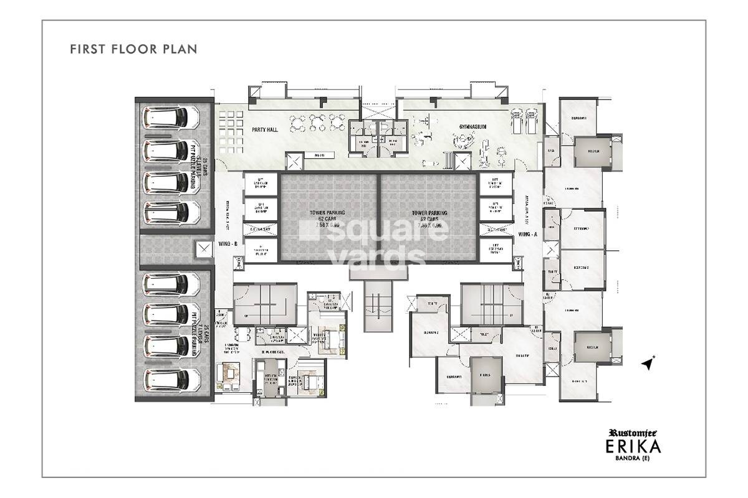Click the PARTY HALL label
coord(264,129)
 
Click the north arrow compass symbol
coord(650,362)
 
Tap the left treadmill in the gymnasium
coord(515,120)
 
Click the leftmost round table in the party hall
coord(298,120)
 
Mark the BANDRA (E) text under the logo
coord(645,461)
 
